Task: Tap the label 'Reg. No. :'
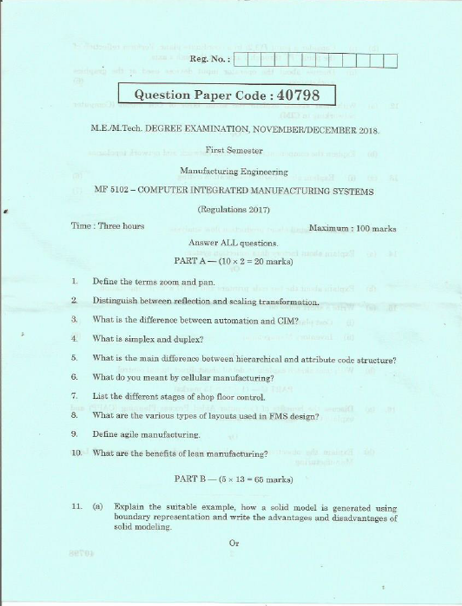tap(207, 60)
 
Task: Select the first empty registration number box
tap(242, 60)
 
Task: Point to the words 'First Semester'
tap(230, 149)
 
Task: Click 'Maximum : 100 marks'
tap(353, 228)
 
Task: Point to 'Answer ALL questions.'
tap(233, 244)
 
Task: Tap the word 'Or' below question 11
tap(233, 543)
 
